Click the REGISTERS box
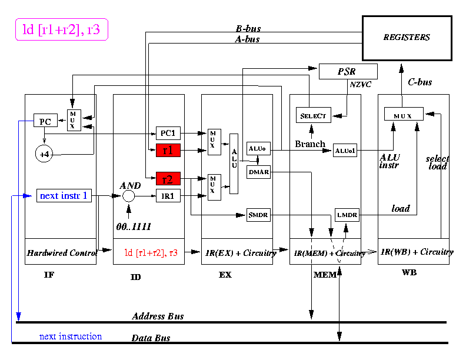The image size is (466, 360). pyautogui.click(x=407, y=38)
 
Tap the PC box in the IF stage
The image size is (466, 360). pyautogui.click(x=45, y=122)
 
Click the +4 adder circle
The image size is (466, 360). pyautogui.click(x=45, y=154)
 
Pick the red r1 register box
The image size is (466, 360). pyautogui.click(x=168, y=151)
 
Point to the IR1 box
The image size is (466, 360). pyautogui.click(x=168, y=196)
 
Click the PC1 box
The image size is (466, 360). pyautogui.click(x=168, y=133)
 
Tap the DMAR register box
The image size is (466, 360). pyautogui.click(x=258, y=171)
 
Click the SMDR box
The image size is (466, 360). pyautogui.click(x=258, y=215)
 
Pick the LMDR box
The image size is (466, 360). pyautogui.click(x=346, y=215)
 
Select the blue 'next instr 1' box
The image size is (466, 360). pyautogui.click(x=65, y=195)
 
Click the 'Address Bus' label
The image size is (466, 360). pyautogui.click(x=158, y=316)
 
